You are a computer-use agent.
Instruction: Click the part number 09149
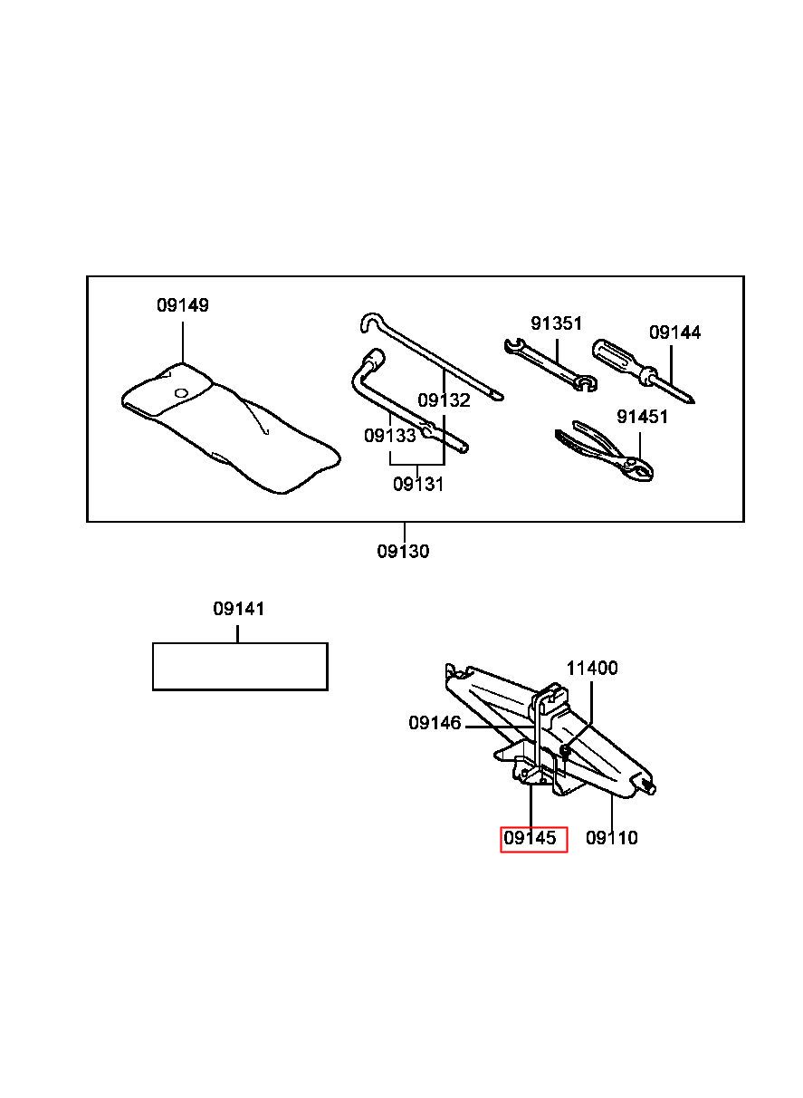click(x=182, y=305)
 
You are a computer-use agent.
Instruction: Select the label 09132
click(x=444, y=400)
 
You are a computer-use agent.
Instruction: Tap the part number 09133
click(x=389, y=435)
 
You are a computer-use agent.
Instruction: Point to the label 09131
click(x=418, y=485)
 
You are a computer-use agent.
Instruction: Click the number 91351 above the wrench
click(x=556, y=323)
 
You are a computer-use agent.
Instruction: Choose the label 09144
click(x=674, y=332)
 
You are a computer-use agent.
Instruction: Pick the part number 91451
click(x=642, y=417)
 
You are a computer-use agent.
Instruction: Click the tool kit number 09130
click(x=403, y=552)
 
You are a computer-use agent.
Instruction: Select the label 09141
click(x=239, y=609)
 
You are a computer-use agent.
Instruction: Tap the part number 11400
click(x=592, y=668)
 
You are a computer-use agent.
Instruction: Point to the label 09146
click(x=435, y=723)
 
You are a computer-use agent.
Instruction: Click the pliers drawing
click(x=604, y=450)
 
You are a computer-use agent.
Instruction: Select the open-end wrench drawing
click(x=550, y=365)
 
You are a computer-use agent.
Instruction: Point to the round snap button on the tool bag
click(x=181, y=392)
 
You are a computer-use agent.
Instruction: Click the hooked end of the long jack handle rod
click(x=371, y=321)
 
